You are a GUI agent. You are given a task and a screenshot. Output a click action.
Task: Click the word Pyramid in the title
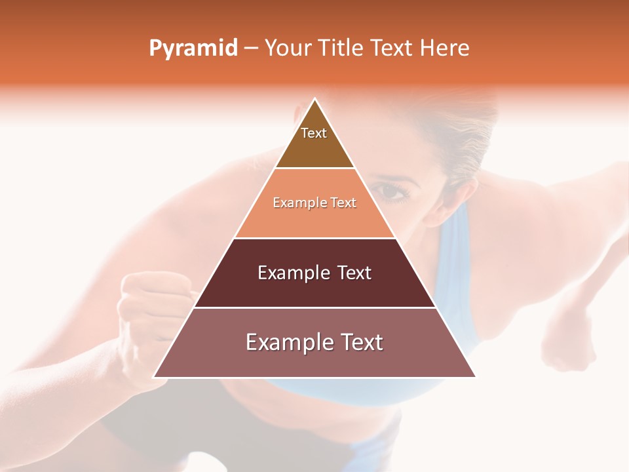pyautogui.click(x=193, y=49)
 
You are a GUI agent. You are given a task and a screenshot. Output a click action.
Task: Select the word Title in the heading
pyautogui.click(x=339, y=49)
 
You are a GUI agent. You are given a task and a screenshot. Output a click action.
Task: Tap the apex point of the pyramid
pyautogui.click(x=315, y=99)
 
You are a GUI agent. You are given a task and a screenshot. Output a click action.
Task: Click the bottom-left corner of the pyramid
pyautogui.click(x=155, y=377)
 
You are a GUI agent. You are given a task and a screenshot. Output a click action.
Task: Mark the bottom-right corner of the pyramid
pyautogui.click(x=475, y=377)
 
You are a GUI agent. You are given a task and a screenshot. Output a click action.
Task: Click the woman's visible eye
pyautogui.click(x=391, y=191)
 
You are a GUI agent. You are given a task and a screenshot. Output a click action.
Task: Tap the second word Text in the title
pyautogui.click(x=392, y=49)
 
